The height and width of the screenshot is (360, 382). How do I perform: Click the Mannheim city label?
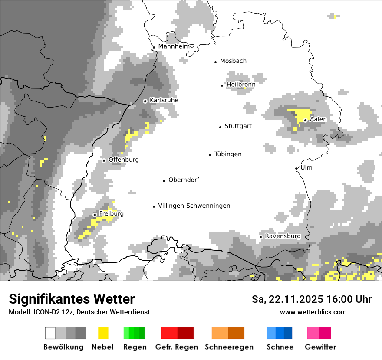[175, 46]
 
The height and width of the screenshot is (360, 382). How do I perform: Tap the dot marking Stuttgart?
[220, 127]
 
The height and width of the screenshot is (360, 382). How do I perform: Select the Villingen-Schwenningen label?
[194, 206]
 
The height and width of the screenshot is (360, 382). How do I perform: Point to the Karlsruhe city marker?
[145, 101]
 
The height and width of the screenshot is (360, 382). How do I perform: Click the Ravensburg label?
[283, 236]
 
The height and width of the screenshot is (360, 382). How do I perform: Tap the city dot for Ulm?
[296, 168]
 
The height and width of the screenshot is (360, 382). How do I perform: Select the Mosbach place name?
[233, 61]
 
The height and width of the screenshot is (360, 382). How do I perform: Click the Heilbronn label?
[241, 84]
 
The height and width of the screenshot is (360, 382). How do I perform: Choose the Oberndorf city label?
[184, 180]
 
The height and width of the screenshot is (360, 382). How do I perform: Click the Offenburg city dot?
[104, 160]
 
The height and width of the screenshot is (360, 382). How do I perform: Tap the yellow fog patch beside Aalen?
[300, 116]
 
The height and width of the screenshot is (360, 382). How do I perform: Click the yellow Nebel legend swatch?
[103, 333]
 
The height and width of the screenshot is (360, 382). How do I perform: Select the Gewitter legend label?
[320, 347]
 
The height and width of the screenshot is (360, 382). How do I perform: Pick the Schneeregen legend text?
[229, 347]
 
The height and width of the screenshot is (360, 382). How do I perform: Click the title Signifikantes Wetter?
[72, 299]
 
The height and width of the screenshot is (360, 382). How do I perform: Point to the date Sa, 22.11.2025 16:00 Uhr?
[311, 299]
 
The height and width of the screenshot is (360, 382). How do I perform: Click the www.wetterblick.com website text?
[313, 312]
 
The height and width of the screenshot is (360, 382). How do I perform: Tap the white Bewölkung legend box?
[50, 333]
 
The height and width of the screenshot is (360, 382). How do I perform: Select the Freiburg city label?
[111, 213]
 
